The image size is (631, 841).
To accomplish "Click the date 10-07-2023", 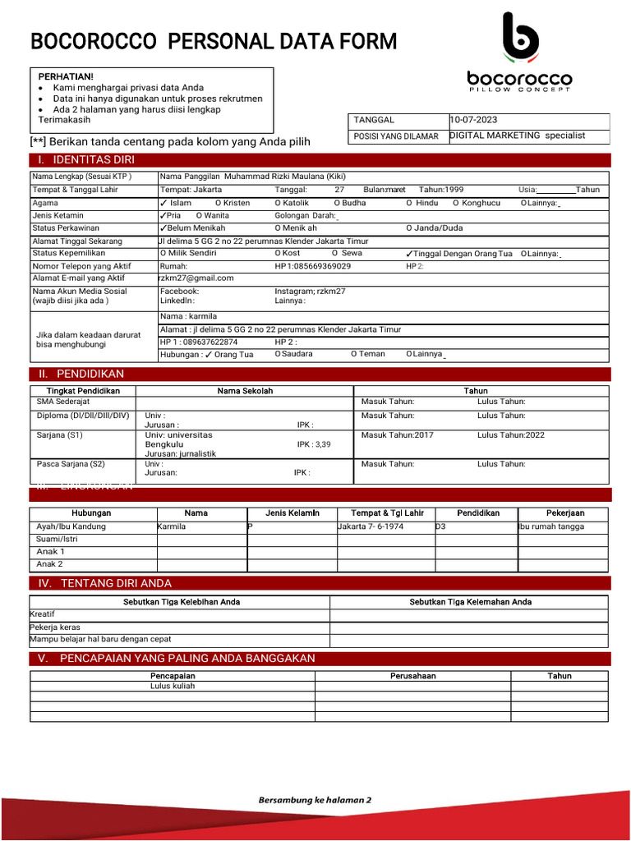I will click(473, 120).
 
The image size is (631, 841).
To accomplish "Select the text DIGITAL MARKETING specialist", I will click(518, 136).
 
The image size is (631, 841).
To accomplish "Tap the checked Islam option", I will click(176, 203).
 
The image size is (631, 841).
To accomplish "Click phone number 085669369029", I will click(313, 266).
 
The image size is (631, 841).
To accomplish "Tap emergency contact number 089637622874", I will click(198, 342).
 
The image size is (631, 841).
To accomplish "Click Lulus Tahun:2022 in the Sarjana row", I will click(511, 435).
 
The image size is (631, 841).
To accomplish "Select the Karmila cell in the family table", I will click(172, 526).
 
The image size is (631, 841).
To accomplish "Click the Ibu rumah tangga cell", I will click(551, 526).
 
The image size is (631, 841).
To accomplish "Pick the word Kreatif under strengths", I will click(43, 614).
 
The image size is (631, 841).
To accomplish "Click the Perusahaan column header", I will click(412, 676).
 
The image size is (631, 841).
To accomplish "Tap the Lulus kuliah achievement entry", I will click(173, 686).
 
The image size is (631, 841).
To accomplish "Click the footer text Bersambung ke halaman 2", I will click(315, 800).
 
